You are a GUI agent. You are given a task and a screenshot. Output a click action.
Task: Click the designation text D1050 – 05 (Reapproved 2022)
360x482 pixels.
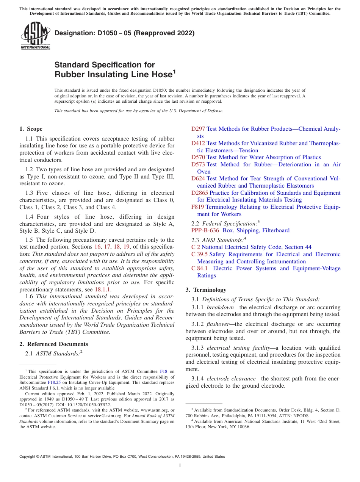pyautogui.click(x=124, y=33)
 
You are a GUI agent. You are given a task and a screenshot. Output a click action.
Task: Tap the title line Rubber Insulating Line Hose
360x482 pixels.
pyautogui.click(x=114, y=75)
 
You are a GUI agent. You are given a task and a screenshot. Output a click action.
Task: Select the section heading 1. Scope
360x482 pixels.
pyautogui.click(x=31, y=129)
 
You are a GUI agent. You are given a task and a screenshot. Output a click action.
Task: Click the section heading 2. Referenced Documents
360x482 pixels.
pyautogui.click(x=54, y=344)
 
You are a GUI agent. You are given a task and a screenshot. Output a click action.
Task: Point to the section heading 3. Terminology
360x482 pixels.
pyautogui.click(x=206, y=290)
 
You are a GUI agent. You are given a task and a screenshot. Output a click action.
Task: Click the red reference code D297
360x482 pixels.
pyautogui.click(x=198, y=129)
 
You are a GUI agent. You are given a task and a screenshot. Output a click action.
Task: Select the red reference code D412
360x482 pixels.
pyautogui.click(x=198, y=143)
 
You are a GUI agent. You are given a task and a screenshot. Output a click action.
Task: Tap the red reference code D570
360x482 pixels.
pyautogui.click(x=198, y=157)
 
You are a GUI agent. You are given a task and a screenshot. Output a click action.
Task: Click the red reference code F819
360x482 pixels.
pyautogui.click(x=197, y=207)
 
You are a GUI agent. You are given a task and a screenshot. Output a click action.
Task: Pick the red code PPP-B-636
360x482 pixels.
pyautogui.click(x=205, y=230)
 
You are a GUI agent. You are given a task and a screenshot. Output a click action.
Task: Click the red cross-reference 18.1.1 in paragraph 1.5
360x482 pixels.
pyautogui.click(x=102, y=289)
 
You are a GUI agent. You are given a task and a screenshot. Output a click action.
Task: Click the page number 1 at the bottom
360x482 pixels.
pyautogui.click(x=180, y=465)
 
